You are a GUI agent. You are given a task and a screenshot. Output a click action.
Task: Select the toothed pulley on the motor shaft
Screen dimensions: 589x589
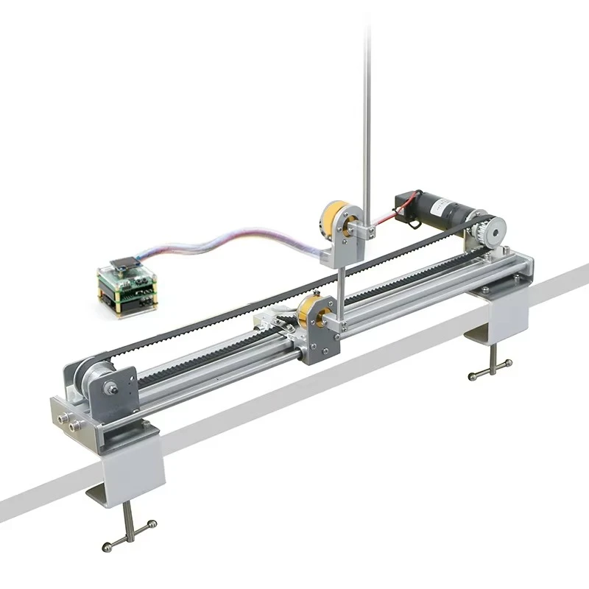[487, 233]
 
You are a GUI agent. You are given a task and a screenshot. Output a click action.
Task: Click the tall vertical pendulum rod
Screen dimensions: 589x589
[366, 110]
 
